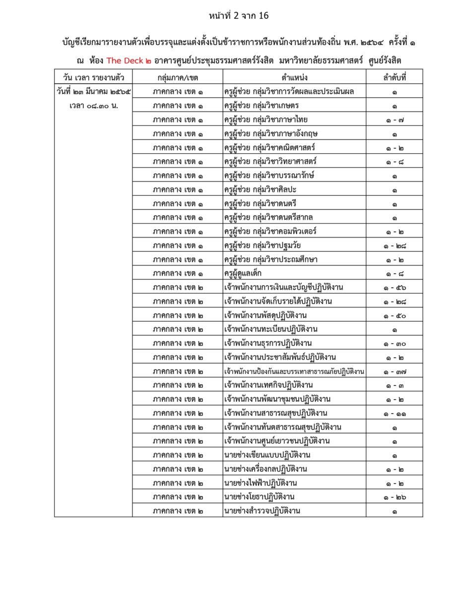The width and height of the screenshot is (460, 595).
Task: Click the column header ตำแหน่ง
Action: (x=294, y=77)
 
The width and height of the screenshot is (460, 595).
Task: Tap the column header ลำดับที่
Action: (x=394, y=77)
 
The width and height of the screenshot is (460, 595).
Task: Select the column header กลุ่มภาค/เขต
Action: (x=177, y=77)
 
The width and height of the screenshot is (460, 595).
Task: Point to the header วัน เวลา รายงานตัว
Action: (x=93, y=77)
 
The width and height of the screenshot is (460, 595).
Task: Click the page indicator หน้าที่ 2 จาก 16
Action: (x=239, y=16)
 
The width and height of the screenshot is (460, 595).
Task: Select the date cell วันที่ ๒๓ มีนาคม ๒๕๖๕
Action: (x=93, y=92)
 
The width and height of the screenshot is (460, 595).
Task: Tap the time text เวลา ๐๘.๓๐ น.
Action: (x=93, y=106)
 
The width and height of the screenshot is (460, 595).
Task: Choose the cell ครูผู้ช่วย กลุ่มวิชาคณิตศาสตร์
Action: (x=270, y=147)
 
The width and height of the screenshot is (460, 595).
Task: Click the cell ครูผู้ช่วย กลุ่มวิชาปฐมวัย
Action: (x=263, y=245)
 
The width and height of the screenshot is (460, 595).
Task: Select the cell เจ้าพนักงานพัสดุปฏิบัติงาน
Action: (x=265, y=315)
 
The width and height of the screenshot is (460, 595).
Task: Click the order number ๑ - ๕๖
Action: (x=394, y=288)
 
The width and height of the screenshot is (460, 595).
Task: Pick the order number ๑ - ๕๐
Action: (x=394, y=315)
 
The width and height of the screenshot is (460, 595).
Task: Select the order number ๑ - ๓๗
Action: (x=394, y=371)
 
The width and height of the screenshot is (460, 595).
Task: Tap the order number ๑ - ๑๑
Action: (x=394, y=413)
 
